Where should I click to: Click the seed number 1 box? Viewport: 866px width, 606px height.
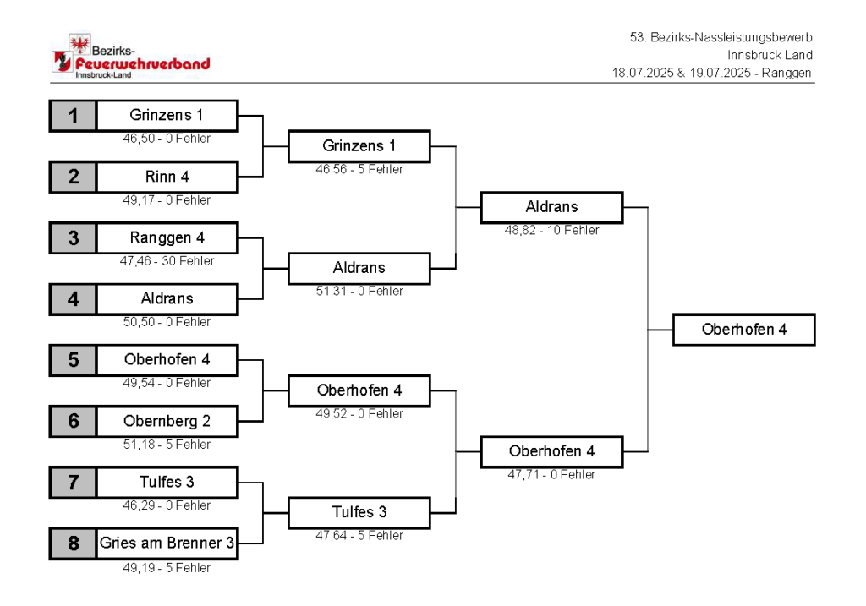click(x=73, y=116)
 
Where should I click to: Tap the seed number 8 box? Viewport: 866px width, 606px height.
click(x=73, y=543)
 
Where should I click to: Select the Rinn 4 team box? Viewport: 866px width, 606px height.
click(x=167, y=177)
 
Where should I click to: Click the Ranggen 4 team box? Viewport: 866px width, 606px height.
click(x=167, y=237)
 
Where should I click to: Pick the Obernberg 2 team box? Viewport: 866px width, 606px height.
click(x=167, y=421)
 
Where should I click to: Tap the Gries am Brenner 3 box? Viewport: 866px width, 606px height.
click(x=167, y=543)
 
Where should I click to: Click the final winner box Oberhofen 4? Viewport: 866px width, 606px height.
click(x=744, y=330)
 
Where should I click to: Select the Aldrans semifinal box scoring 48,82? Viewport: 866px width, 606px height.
click(x=551, y=208)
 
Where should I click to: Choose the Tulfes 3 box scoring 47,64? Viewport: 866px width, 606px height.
click(x=359, y=513)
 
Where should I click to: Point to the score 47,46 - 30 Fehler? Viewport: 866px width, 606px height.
click(x=167, y=261)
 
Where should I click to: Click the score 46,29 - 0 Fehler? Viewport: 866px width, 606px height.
click(x=167, y=505)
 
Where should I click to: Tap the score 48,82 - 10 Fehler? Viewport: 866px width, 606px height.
click(x=551, y=230)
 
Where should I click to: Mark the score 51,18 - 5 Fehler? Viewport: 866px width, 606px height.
click(x=167, y=445)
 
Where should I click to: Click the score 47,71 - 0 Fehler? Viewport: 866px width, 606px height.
click(x=551, y=475)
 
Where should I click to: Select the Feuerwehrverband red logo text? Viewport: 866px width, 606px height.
click(x=142, y=64)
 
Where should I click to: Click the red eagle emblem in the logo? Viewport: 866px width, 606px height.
click(x=79, y=43)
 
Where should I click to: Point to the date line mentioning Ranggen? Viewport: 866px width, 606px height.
click(x=712, y=73)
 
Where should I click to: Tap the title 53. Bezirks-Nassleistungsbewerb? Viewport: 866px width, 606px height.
click(x=721, y=37)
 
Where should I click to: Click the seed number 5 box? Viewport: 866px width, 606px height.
click(x=73, y=360)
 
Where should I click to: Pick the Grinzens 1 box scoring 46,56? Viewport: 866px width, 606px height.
click(x=359, y=146)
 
